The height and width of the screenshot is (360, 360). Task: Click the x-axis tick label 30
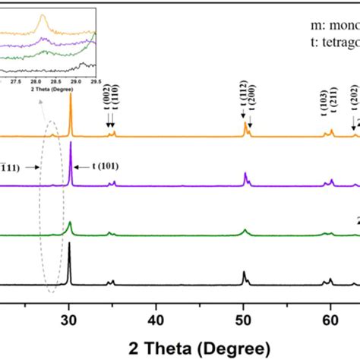69,319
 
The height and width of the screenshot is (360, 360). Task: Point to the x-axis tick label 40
156,319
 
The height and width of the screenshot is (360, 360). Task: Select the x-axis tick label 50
243,319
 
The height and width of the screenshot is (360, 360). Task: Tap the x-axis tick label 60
330,319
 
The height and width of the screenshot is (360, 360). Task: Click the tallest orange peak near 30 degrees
71,96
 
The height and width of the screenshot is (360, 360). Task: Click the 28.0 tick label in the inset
36,81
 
